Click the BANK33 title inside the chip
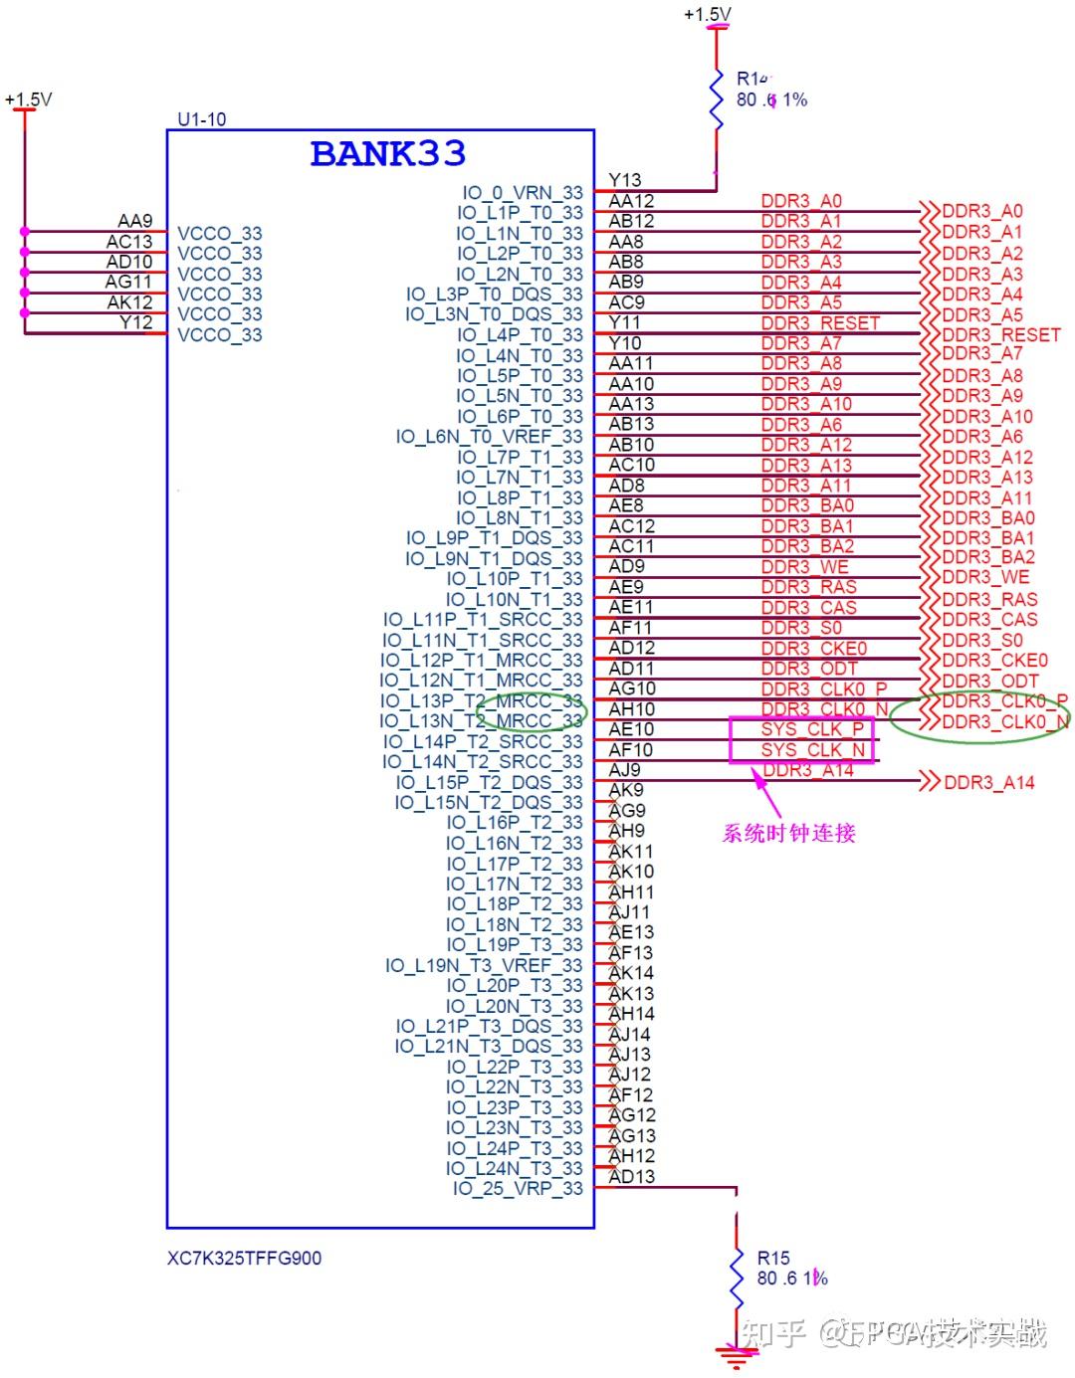tap(387, 153)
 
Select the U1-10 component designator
tap(201, 119)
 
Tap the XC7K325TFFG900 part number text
tap(244, 1258)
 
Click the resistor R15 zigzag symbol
tap(736, 1279)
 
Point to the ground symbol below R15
tap(736, 1354)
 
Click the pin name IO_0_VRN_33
tap(522, 192)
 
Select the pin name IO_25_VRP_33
tap(518, 1188)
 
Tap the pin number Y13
tap(625, 180)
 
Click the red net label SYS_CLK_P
tap(812, 729)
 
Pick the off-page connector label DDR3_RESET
tap(1000, 334)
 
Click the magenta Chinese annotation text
tap(788, 833)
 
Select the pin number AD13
tap(631, 1176)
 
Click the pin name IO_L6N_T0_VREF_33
tap(489, 436)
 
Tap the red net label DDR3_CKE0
tap(813, 649)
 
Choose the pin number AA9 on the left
tap(135, 221)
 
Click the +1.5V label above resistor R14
tap(707, 14)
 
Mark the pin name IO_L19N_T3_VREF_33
tap(484, 965)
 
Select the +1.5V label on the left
tap(28, 99)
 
